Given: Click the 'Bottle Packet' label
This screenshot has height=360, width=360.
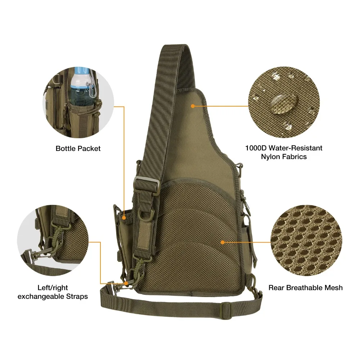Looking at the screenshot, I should coord(78,148).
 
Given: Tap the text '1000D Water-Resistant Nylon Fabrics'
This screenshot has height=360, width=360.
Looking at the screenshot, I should coord(284,152).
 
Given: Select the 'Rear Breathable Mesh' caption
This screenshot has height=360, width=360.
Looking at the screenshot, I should coord(305,287).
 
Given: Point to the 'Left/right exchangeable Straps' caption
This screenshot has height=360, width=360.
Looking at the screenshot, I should coord(53,292).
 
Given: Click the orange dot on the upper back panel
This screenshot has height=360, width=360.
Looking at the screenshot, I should coord(193,106).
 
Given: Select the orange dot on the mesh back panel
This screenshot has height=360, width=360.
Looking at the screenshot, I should coord(223,242).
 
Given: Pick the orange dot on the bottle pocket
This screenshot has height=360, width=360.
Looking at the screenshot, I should coord(124,217).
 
